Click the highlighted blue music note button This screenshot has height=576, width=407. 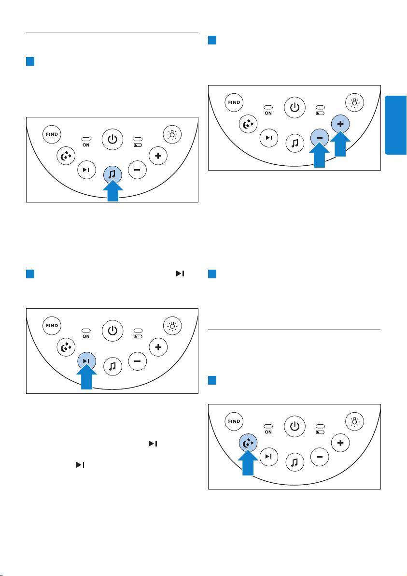coord(112,174)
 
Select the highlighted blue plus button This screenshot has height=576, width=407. coord(340,124)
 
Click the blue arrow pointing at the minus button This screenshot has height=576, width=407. coord(319,156)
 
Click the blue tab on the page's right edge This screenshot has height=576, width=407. coord(395,125)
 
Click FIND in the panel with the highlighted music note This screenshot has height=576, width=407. coord(52,134)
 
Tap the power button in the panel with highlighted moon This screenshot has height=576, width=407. coord(295,427)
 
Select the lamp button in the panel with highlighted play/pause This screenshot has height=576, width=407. coord(172,326)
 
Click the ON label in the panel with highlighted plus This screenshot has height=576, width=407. coord(268,113)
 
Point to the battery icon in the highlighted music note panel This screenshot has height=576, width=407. coord(138,145)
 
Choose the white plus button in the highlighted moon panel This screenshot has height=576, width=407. coord(340,443)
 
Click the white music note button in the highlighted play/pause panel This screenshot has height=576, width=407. coord(112,366)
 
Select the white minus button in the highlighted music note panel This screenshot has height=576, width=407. coord(137,170)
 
